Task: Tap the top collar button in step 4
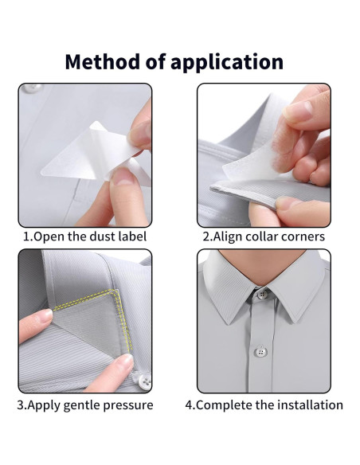pos(262,295)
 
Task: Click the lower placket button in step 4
pos(260,352)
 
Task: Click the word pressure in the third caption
pos(131,405)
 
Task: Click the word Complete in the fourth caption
pos(225,405)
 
